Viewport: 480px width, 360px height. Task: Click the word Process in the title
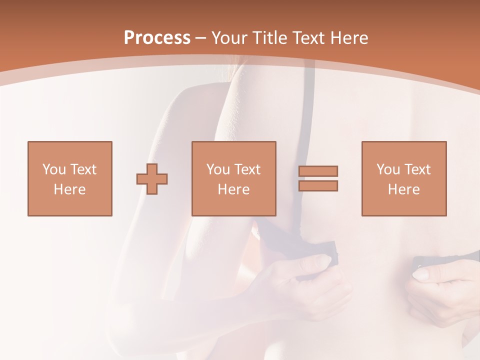(x=157, y=38)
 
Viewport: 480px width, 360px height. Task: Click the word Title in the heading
(x=269, y=38)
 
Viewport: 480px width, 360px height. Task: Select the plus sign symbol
(x=152, y=178)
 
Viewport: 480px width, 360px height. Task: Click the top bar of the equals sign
(x=318, y=171)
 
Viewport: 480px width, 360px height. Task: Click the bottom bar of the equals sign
(x=318, y=185)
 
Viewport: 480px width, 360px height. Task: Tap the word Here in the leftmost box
(x=70, y=189)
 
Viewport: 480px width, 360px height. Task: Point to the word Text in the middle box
(x=247, y=169)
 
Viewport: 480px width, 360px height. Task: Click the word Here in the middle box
(x=234, y=189)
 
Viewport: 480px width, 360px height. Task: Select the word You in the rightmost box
(x=387, y=169)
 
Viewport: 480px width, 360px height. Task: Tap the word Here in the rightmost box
(x=404, y=189)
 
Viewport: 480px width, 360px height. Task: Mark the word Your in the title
(x=229, y=38)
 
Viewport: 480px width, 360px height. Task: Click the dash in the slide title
(x=201, y=38)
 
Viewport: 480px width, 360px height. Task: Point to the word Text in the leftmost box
(x=83, y=169)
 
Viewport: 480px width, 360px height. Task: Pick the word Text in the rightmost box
(x=417, y=169)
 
